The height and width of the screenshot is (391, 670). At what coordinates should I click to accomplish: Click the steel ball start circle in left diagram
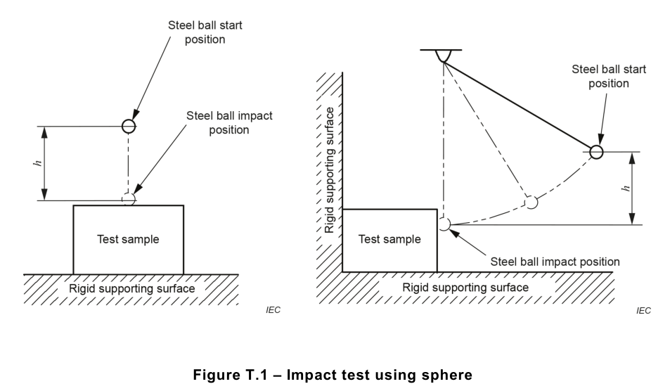point(128,127)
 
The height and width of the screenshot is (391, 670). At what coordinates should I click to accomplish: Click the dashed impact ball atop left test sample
point(128,200)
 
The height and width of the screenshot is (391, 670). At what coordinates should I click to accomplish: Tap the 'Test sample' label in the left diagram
point(128,239)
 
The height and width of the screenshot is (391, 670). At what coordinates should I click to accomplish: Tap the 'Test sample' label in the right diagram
point(389,239)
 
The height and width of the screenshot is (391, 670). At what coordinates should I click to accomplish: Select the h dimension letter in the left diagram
point(38,163)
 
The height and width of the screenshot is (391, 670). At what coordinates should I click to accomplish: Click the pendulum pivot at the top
point(442,56)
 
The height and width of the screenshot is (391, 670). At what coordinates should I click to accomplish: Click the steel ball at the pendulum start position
point(596,152)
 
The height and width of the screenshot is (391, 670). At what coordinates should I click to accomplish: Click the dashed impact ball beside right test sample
point(444,224)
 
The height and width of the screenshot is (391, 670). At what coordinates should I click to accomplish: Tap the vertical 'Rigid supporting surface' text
point(330,169)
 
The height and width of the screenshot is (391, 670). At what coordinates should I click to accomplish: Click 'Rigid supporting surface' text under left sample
point(131,288)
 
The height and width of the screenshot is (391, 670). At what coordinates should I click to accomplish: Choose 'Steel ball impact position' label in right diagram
point(555,262)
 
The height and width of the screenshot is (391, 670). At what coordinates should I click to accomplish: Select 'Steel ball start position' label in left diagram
point(205,32)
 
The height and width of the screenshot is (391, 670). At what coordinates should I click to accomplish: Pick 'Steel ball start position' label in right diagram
point(609,76)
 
